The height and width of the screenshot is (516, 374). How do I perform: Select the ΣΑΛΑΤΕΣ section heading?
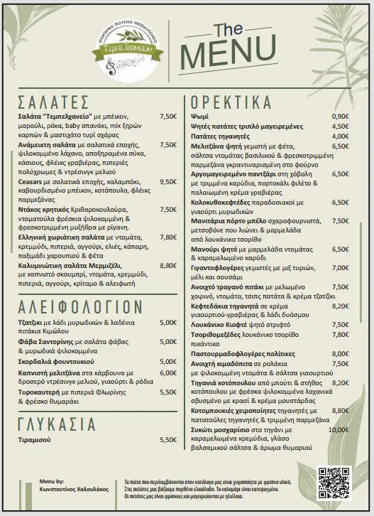tap(53, 100)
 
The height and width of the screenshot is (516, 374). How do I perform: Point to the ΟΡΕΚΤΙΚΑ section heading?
tap(232, 100)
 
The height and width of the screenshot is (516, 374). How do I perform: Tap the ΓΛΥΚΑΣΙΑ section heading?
tap(56, 424)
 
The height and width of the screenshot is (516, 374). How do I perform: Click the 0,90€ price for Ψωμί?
tap(340, 117)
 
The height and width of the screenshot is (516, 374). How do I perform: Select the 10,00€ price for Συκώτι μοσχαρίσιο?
tap(339, 430)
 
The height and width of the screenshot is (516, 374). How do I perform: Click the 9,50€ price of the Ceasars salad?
tap(168, 181)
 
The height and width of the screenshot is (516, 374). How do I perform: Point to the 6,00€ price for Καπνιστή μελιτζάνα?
tap(168, 372)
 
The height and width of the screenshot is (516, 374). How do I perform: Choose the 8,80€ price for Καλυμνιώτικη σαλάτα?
tap(168, 265)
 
